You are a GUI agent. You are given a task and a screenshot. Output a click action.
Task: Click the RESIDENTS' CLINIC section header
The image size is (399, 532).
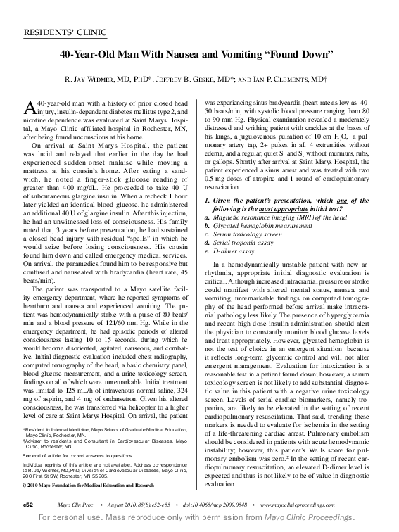(58, 32)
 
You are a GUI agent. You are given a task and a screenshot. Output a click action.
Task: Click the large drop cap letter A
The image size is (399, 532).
(30, 106)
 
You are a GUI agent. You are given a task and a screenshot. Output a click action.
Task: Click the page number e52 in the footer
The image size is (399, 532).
(28, 505)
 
